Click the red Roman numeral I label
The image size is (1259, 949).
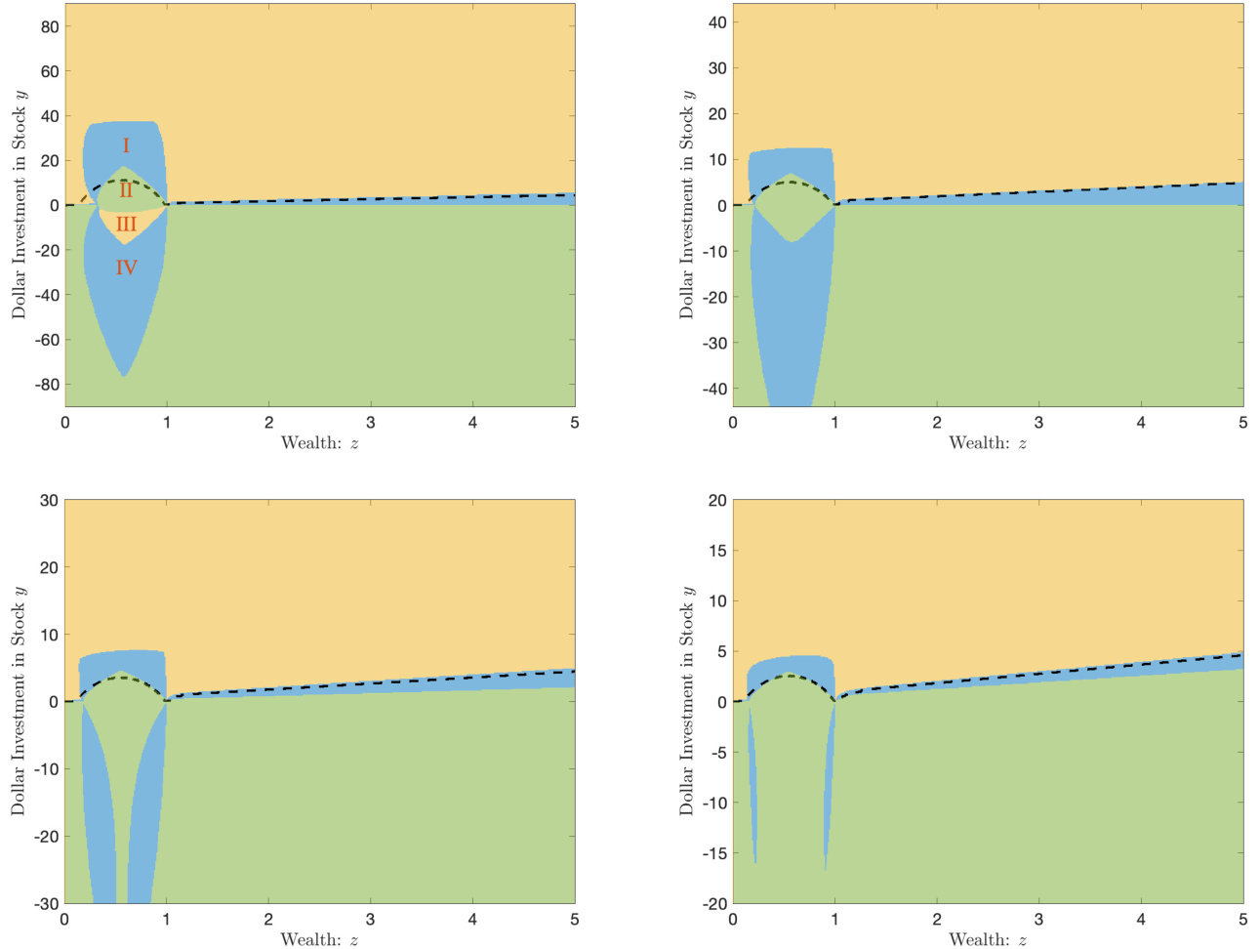pos(126,146)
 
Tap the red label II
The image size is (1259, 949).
pos(126,191)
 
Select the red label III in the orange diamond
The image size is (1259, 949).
pos(126,225)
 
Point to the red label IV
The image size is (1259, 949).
pos(126,268)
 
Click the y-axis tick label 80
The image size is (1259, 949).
pos(50,27)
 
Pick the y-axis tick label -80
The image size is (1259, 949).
pos(47,385)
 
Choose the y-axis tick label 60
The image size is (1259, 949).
pos(50,71)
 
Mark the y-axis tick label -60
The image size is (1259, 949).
pos(47,340)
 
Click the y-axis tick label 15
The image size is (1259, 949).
pos(717,551)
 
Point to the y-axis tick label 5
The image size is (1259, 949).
pos(721,651)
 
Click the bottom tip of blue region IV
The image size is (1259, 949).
pos(125,376)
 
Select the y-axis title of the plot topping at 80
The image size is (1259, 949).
pos(20,204)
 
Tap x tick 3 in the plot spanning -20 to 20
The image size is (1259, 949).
pos(1038,919)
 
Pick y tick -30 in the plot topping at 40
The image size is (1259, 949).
pos(714,343)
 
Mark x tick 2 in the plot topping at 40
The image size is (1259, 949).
pos(937,422)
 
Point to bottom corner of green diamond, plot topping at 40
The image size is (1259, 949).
pos(792,241)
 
